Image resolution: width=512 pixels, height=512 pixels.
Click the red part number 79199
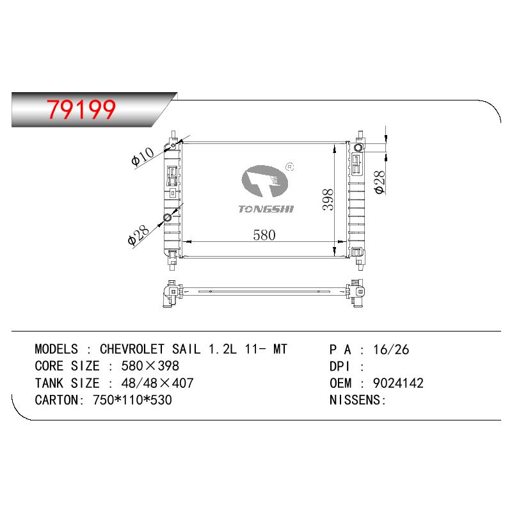point(81,109)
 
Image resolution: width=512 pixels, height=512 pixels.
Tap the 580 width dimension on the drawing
point(264,235)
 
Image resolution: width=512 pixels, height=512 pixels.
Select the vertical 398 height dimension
point(328,200)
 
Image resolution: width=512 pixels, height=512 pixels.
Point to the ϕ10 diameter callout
point(142,156)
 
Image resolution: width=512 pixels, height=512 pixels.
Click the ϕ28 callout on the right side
point(380,182)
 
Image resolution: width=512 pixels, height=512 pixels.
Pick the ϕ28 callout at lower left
point(138,235)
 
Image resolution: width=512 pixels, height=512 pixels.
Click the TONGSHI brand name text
point(266,209)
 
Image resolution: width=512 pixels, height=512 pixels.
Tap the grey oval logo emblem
point(264,181)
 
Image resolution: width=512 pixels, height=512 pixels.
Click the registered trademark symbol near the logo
point(290,167)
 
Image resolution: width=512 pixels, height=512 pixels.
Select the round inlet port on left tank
point(167,218)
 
